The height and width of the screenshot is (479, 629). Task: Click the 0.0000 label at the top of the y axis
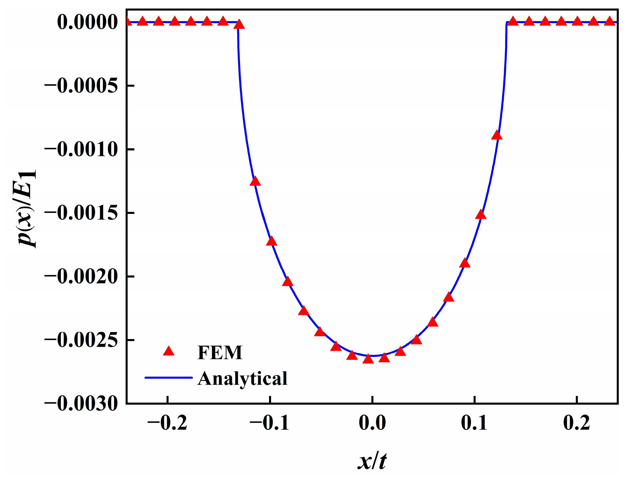coord(87,22)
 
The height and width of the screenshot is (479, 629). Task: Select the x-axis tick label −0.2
coord(167,423)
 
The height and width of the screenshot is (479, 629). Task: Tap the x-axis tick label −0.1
coord(269,423)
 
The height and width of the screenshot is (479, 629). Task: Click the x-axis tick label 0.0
coord(372,423)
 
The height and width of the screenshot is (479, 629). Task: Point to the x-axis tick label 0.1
coord(474,423)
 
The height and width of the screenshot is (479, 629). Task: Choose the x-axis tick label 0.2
coord(576,423)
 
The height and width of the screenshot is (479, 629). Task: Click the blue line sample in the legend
coord(168,378)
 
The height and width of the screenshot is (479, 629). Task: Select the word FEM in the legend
coord(220,352)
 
